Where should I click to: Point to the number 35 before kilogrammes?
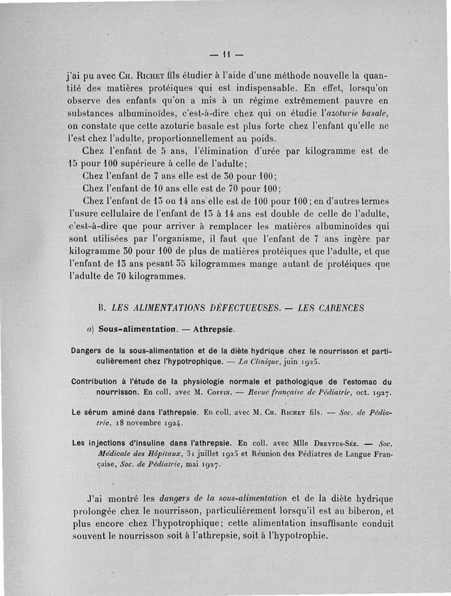click(180, 264)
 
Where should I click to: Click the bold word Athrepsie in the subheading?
click(214, 329)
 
